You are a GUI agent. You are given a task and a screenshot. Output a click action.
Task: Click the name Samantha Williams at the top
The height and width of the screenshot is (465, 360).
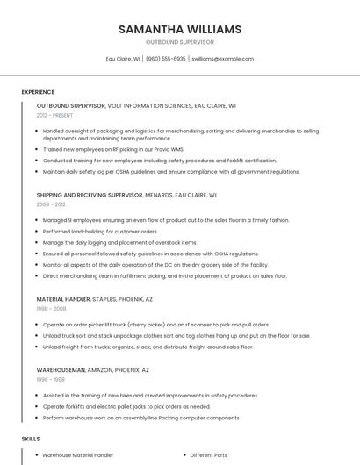pos(180,29)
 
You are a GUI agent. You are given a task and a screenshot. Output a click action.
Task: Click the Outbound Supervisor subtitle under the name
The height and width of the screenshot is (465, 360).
pos(180,42)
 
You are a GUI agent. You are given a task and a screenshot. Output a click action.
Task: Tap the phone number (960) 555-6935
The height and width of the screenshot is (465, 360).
pos(166,59)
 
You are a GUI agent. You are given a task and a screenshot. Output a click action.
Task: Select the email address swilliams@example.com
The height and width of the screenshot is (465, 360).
pos(223,59)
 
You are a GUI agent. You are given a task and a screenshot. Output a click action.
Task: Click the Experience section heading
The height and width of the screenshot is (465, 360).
pos(38,92)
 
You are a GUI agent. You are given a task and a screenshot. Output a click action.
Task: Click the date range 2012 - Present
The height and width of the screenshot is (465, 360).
pos(54,115)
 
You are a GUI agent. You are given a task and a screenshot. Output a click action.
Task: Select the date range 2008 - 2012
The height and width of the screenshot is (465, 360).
pos(51,204)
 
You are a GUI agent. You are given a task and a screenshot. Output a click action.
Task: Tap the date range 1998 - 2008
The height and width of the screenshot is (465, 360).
pos(51,308)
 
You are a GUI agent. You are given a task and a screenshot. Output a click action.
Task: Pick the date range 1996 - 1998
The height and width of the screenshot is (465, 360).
pos(51,380)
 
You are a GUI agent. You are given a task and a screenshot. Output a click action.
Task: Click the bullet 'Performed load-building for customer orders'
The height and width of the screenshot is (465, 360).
pos(100,232)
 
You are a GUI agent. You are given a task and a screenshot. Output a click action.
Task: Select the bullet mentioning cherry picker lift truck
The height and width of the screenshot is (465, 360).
pos(156,325)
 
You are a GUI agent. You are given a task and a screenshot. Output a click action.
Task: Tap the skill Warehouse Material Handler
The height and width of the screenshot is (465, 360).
pos(78,455)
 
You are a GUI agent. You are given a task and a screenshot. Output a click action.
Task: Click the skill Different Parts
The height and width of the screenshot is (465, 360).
pos(208,455)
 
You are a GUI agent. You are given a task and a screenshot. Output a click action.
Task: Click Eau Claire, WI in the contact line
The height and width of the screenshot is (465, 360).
pos(123,59)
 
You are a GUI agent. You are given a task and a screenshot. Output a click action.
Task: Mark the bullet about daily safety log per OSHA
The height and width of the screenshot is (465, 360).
pos(171,172)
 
